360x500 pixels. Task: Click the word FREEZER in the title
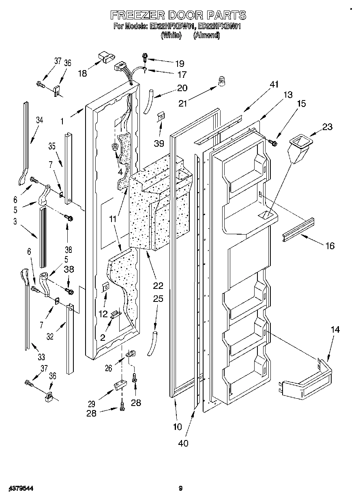(x=136, y=15)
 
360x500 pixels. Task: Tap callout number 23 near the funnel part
(x=327, y=127)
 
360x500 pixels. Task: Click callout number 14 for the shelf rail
(x=334, y=330)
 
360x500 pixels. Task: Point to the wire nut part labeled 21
(x=222, y=81)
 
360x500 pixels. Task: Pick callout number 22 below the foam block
(x=158, y=286)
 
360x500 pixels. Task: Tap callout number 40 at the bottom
(x=183, y=443)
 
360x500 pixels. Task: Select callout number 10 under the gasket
(x=177, y=426)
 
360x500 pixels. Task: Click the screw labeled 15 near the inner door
(x=273, y=142)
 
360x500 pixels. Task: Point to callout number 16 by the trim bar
(x=330, y=245)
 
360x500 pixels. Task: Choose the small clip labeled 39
(x=161, y=117)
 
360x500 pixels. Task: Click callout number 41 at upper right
(x=274, y=84)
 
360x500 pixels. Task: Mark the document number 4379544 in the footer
(x=17, y=489)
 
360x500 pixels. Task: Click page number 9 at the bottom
(x=180, y=489)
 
